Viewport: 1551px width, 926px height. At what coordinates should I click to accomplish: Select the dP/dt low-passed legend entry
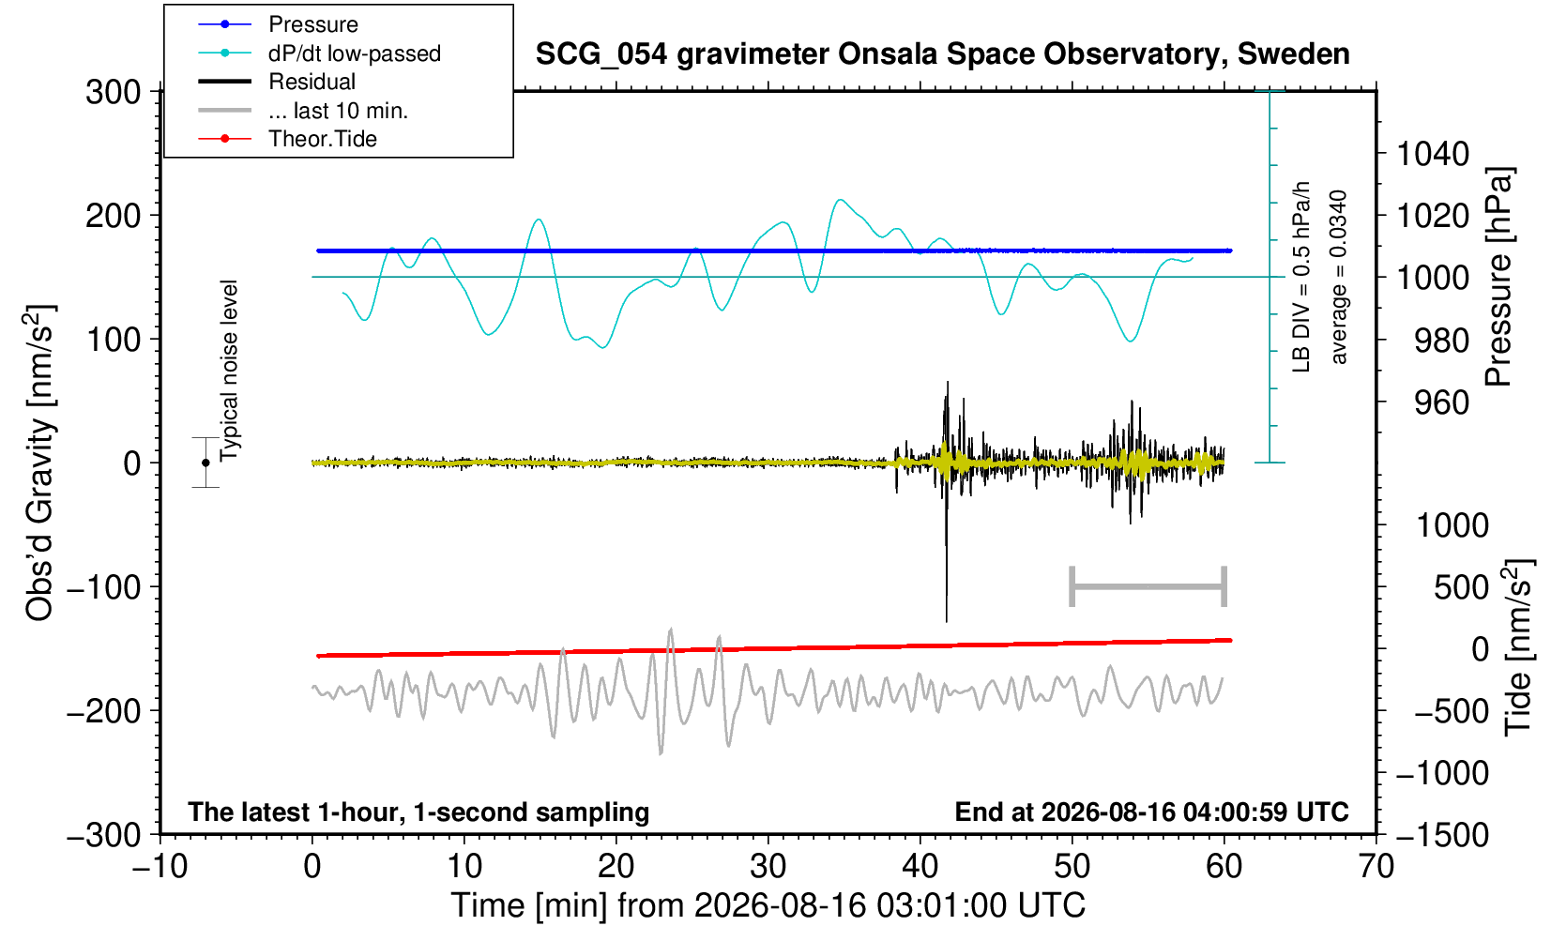319,53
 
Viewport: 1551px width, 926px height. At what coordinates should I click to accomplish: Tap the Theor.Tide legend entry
287,139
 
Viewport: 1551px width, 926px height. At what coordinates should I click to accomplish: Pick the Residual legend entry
277,82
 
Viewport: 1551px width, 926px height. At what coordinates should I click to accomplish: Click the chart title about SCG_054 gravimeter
942,54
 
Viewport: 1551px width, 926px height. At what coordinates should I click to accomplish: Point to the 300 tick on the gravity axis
113,92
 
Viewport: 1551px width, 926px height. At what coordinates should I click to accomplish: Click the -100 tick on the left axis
104,587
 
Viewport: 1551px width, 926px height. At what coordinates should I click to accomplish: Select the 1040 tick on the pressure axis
1433,154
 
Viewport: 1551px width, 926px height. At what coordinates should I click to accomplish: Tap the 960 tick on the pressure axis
1441,402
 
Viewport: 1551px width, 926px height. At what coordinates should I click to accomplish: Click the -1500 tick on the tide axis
1442,835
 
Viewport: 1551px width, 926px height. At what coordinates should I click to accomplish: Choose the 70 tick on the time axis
1376,867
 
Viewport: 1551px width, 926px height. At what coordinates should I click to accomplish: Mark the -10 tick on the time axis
160,867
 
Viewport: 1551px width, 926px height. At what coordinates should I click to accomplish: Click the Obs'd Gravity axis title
39,463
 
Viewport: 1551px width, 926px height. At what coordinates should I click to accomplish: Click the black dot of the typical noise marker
205,463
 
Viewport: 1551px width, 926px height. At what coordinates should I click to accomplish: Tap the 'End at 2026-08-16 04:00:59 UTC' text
1151,812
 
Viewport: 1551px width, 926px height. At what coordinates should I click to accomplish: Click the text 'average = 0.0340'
1339,277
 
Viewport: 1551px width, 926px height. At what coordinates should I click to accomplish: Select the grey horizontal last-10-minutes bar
1148,586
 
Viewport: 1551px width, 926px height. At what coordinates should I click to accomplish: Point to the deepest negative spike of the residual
947,621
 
